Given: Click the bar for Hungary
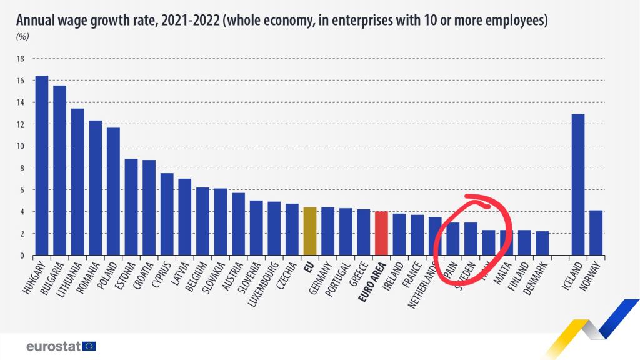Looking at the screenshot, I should pyautogui.click(x=42, y=166).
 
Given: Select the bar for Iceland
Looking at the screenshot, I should pyautogui.click(x=577, y=185).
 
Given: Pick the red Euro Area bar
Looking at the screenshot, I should pyautogui.click(x=381, y=234).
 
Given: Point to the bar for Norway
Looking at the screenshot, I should pyautogui.click(x=596, y=233).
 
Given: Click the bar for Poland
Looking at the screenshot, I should pyautogui.click(x=113, y=191).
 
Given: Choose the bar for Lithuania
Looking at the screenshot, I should pyautogui.click(x=77, y=182).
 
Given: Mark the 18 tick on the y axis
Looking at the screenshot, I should pyautogui.click(x=20, y=59).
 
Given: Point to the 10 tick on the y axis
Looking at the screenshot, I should pyautogui.click(x=20, y=146).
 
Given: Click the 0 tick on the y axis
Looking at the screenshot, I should pyautogui.click(x=21, y=256).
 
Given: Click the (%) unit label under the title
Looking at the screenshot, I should pyautogui.click(x=22, y=36).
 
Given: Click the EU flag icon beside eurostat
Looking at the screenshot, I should pyautogui.click(x=89, y=346).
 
